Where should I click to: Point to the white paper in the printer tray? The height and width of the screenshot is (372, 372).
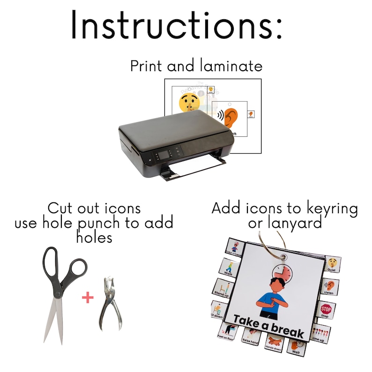tap(192, 166)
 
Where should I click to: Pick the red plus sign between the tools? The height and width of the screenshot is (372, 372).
tap(88, 297)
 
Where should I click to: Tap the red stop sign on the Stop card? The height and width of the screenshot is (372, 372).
tap(326, 309)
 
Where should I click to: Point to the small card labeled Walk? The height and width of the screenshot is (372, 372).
tap(230, 266)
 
